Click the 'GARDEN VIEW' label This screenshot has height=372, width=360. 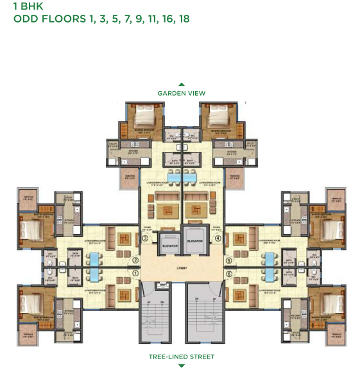click(182, 93)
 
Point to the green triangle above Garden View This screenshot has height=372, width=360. click(182, 84)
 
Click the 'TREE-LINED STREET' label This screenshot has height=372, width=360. click(182, 356)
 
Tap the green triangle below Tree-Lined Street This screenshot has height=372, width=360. click(182, 364)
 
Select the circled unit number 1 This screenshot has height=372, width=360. click(135, 272)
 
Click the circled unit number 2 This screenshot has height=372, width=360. click(135, 260)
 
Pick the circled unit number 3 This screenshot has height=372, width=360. click(146, 238)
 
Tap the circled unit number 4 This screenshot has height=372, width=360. click(218, 238)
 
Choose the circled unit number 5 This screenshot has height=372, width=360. click(228, 260)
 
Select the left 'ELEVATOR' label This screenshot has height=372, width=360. click(170, 244)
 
